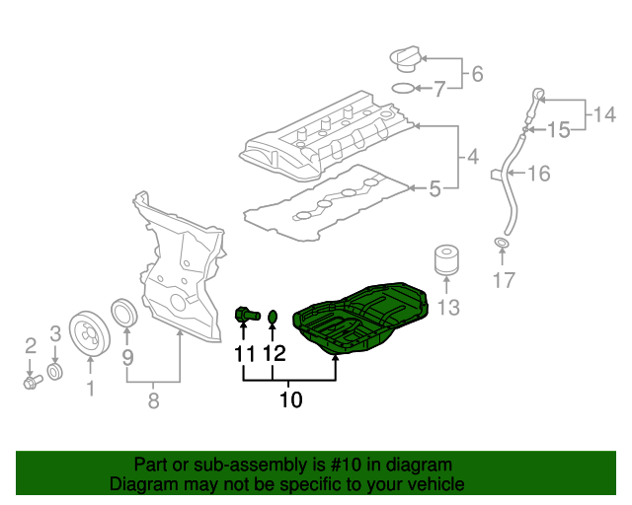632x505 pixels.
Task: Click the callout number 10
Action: click(x=290, y=400)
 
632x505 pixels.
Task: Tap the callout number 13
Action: click(x=448, y=309)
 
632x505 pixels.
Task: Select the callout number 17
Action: click(x=504, y=281)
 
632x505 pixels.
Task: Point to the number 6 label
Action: click(x=477, y=73)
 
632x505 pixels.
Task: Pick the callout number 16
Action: click(x=538, y=175)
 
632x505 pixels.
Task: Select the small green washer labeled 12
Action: click(x=274, y=317)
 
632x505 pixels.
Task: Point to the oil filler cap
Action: click(x=404, y=58)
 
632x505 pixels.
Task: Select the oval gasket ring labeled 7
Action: click(x=403, y=89)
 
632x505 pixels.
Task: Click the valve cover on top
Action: click(x=326, y=138)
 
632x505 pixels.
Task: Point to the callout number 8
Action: click(x=153, y=400)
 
